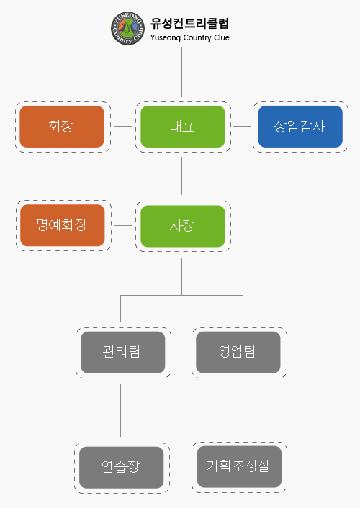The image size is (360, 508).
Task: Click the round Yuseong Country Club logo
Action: [127, 28]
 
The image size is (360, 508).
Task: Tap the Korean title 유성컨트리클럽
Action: [190, 23]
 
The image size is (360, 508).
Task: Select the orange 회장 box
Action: [62, 127]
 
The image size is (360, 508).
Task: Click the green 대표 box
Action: [183, 127]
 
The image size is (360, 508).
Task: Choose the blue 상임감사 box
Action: [300, 127]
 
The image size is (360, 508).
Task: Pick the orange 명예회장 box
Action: [63, 225]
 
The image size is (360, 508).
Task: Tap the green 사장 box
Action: [183, 226]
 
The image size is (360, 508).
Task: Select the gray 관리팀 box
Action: [123, 352]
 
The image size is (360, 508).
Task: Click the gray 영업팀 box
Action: [238, 352]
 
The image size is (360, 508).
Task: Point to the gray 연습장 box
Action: [121, 468]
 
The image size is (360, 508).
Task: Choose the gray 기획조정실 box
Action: [239, 466]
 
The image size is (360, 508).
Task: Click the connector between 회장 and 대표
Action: [123, 127]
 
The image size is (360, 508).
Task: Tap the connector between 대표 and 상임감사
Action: [242, 127]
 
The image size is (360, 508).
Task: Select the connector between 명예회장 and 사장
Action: [123, 225]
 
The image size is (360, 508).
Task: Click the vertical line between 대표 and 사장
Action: [181, 176]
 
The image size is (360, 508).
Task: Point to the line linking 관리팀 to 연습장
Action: [121, 410]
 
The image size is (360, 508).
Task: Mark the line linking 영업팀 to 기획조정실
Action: [243, 410]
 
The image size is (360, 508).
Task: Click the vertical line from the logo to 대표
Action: [181, 72]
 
